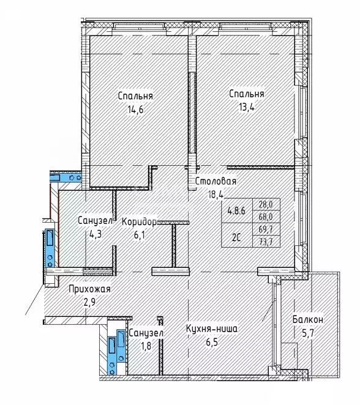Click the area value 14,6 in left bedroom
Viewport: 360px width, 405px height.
coord(137,110)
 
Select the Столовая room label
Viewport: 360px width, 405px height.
coord(216,181)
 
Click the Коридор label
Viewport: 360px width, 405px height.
coord(139,221)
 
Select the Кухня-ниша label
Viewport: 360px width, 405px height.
coord(212,329)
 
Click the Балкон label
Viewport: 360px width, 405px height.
coord(308,319)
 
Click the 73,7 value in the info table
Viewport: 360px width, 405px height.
coord(266,242)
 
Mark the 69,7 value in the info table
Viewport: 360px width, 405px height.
coord(266,230)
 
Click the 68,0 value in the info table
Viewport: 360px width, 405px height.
coord(266,218)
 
